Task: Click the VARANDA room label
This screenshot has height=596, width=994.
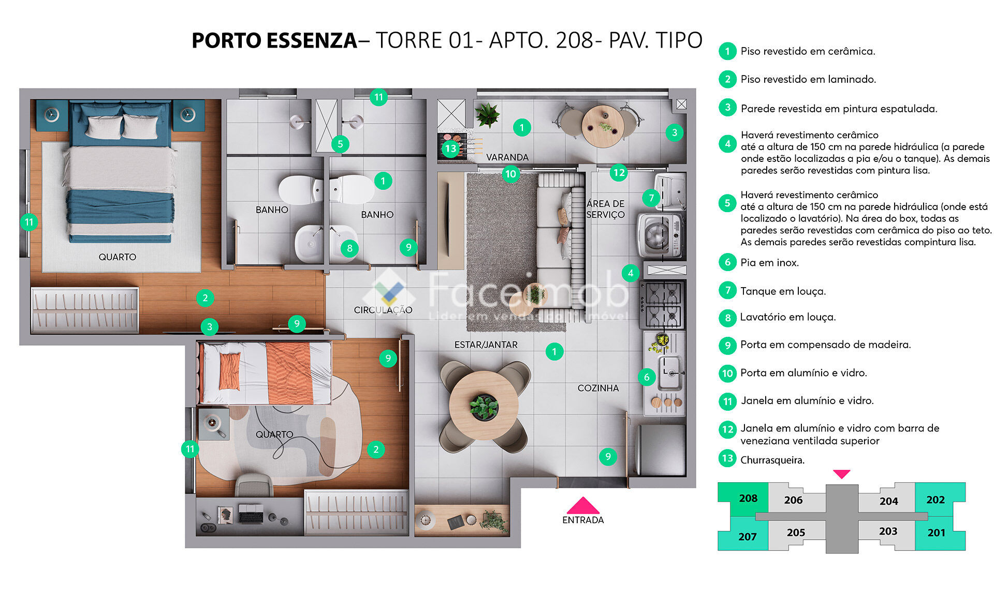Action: pyautogui.click(x=507, y=157)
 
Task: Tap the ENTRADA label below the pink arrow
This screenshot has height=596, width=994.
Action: pyautogui.click(x=583, y=520)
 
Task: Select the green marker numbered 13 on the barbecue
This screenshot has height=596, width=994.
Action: pyautogui.click(x=451, y=149)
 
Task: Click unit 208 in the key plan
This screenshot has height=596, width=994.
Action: pyautogui.click(x=748, y=498)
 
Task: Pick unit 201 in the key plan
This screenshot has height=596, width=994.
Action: pyautogui.click(x=936, y=532)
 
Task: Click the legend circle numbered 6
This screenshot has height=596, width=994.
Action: pyautogui.click(x=727, y=262)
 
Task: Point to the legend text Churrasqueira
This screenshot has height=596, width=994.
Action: pyautogui.click(x=772, y=460)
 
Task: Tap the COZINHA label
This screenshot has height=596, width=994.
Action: pyautogui.click(x=598, y=388)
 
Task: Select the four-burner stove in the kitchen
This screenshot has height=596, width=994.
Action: pyautogui.click(x=662, y=305)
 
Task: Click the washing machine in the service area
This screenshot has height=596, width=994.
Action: pyautogui.click(x=661, y=236)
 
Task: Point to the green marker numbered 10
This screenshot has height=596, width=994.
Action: pyautogui.click(x=510, y=174)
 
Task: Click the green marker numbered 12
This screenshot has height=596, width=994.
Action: pyautogui.click(x=618, y=172)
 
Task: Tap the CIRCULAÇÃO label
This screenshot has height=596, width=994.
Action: pyautogui.click(x=383, y=310)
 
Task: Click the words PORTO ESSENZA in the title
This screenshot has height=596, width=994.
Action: pyautogui.click(x=274, y=40)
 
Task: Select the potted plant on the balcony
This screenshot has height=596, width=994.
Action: pyautogui.click(x=487, y=115)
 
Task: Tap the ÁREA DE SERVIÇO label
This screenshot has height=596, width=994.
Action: pyautogui.click(x=606, y=209)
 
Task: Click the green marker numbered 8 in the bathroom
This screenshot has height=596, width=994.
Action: pyautogui.click(x=349, y=248)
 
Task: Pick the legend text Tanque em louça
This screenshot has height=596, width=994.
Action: pyautogui.click(x=783, y=291)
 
